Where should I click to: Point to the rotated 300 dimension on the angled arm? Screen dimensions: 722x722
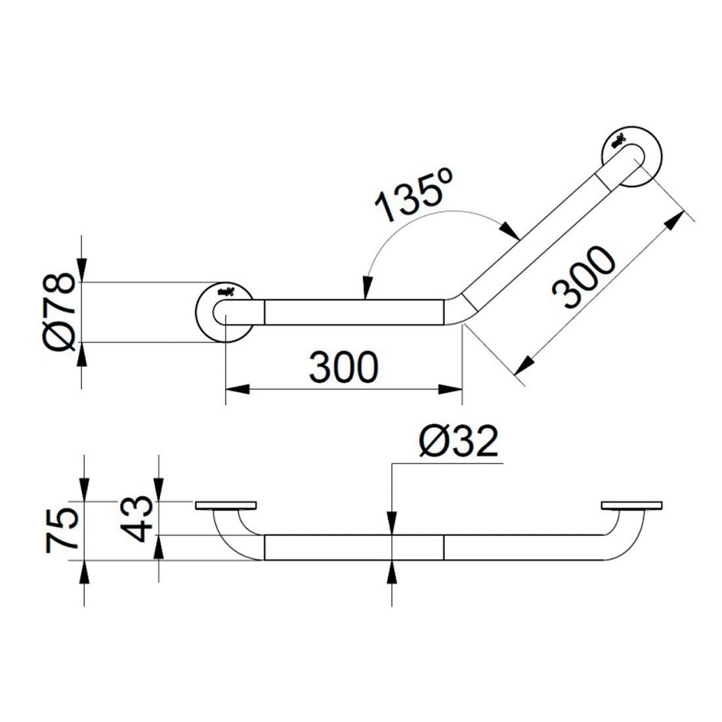click(583, 278)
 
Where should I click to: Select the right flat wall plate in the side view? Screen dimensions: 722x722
click(631, 506)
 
